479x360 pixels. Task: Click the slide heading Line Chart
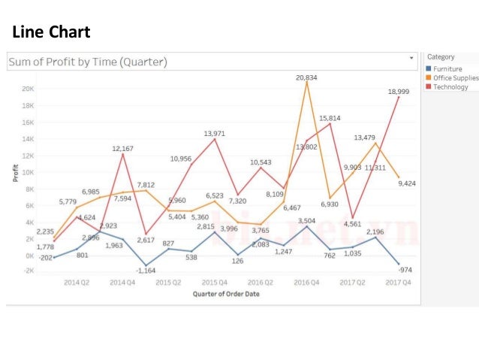pos(51,32)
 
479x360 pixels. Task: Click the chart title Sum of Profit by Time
pos(87,62)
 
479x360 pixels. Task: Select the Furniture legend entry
pos(450,69)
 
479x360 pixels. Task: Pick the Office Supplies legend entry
pos(455,78)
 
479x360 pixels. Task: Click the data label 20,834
pos(306,77)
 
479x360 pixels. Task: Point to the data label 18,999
pos(399,91)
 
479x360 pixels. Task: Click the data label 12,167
pos(123,149)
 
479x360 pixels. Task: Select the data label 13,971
pos(215,133)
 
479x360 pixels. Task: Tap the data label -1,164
pos(146,270)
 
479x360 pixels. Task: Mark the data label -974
pos(405,270)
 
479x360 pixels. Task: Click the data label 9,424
pos(407,183)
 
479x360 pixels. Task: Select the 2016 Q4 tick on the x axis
pos(306,283)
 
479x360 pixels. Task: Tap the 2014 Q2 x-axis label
pos(77,283)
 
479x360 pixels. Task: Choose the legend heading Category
pos(441,57)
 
